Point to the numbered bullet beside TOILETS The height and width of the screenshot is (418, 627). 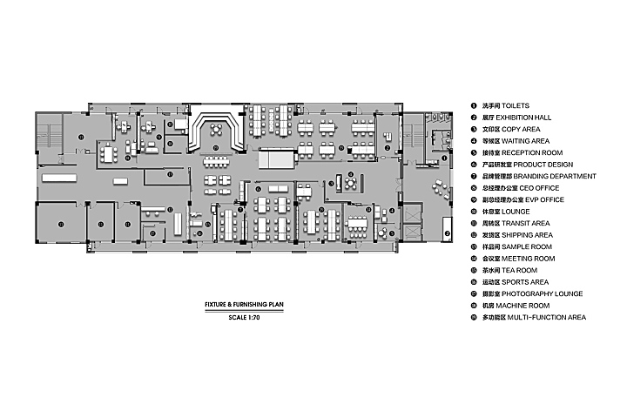point(475,105)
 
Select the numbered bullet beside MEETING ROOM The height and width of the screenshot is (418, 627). point(475,259)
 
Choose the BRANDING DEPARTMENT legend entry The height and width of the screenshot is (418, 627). point(530,176)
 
